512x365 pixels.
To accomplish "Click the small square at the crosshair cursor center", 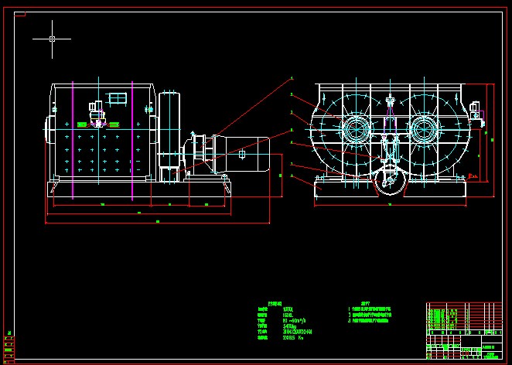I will click(52, 38).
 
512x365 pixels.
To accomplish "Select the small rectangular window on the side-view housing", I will click(117, 98).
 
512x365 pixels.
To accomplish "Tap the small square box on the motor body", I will click(242, 155).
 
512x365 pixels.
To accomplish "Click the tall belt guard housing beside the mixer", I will click(169, 135).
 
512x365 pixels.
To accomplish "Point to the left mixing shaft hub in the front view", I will click(355, 128).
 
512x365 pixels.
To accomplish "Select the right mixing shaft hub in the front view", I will click(425, 128).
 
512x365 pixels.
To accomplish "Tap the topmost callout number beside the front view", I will click(292, 78).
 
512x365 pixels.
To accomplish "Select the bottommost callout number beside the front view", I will click(292, 176).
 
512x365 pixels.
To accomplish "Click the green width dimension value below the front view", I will click(389, 205).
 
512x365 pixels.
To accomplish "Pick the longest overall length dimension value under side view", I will click(158, 222).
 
